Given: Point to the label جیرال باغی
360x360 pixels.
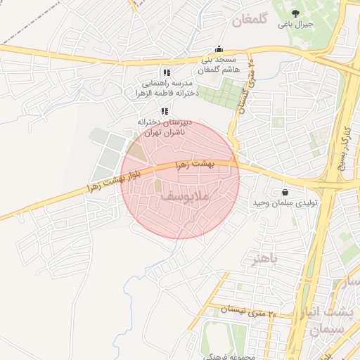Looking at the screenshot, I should pos(296,25).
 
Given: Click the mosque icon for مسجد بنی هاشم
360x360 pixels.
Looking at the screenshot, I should pos(219,49).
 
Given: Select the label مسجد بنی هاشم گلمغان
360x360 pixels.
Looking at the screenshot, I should pos(219,65).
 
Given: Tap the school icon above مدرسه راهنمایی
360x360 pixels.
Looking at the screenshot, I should pos(166,72).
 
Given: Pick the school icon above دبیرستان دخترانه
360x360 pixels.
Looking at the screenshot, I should pos(164,111).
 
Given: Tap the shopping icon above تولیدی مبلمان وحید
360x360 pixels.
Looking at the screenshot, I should pos(285,192).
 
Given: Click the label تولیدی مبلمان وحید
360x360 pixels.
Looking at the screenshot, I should pos(285,202).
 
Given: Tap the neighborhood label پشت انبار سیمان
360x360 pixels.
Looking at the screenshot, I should pos(335,320).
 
